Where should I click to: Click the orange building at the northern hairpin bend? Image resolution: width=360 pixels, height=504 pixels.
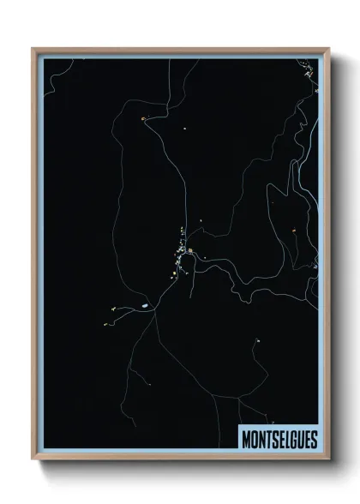143,118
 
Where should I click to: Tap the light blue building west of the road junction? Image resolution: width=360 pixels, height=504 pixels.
146,305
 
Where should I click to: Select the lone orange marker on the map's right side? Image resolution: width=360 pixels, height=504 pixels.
293,229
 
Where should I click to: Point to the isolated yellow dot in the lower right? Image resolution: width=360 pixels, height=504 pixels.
257,341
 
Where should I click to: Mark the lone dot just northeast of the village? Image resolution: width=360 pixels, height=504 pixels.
201,221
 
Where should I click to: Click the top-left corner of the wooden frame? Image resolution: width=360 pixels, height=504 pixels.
33,49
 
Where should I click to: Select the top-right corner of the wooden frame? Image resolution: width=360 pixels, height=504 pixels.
328,49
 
